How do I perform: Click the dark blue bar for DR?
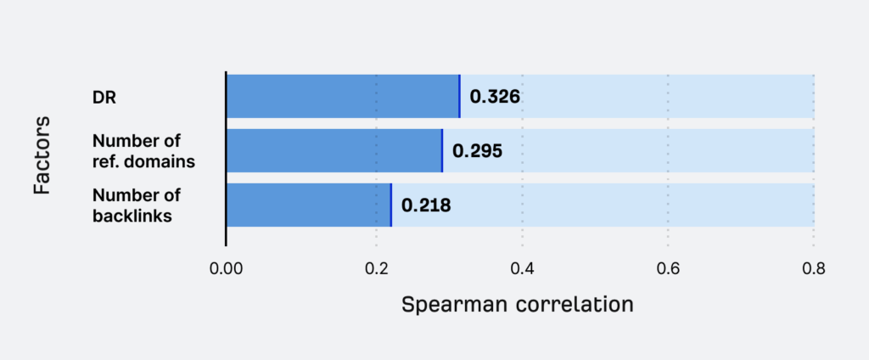tap(342, 96)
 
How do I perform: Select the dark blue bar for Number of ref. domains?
tap(334, 150)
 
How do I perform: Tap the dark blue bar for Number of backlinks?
tap(308, 205)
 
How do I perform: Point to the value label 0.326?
tap(495, 97)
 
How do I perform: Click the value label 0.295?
tap(477, 151)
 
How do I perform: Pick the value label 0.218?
tap(426, 205)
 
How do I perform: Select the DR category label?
tap(104, 97)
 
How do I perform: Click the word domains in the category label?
tap(154, 160)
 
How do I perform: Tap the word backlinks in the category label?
tap(132, 216)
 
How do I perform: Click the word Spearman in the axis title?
tap(453, 304)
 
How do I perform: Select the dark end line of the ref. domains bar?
tap(442, 150)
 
